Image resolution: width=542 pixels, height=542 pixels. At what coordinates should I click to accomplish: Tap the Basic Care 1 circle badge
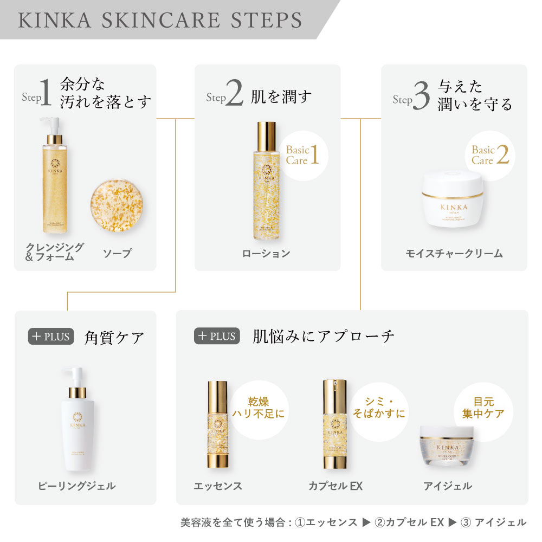click(x=303, y=155)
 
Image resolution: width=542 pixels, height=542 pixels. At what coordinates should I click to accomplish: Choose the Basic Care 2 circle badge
click(x=489, y=155)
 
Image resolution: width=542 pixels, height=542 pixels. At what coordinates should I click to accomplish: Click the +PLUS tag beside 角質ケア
click(x=50, y=336)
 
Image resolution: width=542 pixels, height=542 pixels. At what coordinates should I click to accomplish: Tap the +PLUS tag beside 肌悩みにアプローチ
click(x=216, y=336)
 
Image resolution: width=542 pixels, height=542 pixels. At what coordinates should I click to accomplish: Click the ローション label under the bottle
click(x=266, y=253)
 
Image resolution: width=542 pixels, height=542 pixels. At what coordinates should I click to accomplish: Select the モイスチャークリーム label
click(x=454, y=253)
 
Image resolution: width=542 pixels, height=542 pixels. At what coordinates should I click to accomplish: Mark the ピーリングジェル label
click(x=76, y=486)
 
